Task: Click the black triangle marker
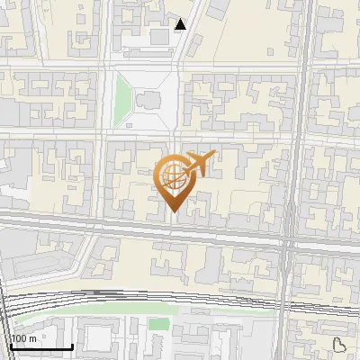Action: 180,24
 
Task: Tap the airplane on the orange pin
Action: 199,165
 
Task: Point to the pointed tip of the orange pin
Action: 174,212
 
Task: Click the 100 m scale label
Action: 23,338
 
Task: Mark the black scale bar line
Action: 40,346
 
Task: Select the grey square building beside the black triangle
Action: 161,36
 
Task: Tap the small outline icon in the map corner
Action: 339,344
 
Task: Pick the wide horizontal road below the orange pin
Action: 135,226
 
